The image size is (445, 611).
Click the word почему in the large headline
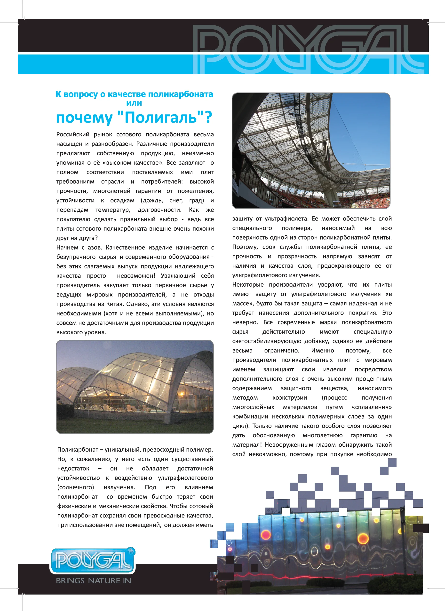[x=84, y=118]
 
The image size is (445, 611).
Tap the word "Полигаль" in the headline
[x=161, y=117]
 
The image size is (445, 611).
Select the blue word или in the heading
[x=134, y=103]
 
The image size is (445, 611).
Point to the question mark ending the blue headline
[x=208, y=117]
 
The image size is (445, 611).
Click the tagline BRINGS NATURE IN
[x=94, y=580]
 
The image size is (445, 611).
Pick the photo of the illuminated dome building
[x=135, y=387]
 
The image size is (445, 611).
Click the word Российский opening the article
[x=72, y=134]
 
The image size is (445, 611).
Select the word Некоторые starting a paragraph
[x=248, y=285]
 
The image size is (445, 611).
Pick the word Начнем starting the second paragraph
[x=67, y=248]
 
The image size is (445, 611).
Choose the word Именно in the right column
[x=322, y=351]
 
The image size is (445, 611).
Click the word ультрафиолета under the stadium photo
[x=286, y=219]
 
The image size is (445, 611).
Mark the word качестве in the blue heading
[x=127, y=94]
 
